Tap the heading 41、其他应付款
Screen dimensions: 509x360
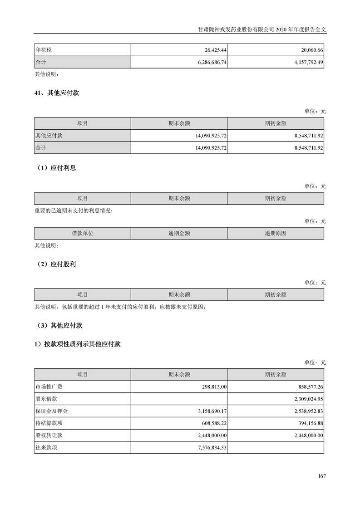[57, 93]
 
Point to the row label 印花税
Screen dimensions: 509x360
[44, 49]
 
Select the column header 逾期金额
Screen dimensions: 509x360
[179, 233]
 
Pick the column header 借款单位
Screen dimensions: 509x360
[82, 233]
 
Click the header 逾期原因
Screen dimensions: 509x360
[276, 233]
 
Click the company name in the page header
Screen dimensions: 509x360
[237, 28]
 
